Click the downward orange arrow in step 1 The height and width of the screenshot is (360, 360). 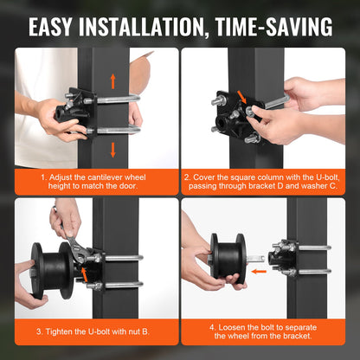pos(112,144)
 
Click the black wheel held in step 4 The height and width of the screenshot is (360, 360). pos(226,259)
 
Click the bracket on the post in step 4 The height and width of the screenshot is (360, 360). pos(285,258)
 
